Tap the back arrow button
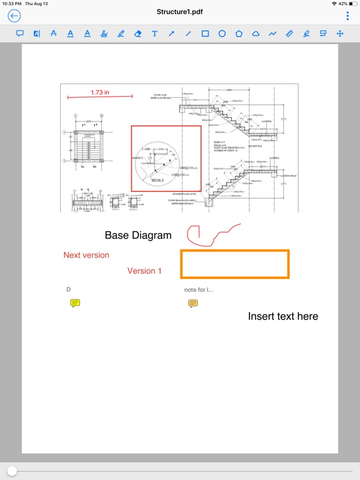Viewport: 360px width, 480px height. pos(13,16)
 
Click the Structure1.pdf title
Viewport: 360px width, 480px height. pos(180,12)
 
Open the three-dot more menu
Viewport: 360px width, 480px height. pos(348,16)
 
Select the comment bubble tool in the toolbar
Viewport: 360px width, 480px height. pos(20,33)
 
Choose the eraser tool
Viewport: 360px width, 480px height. pos(138,33)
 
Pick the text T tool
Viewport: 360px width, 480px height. pos(154,33)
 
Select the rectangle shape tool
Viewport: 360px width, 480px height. pos(205,33)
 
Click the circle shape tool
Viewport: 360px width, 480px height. pos(222,33)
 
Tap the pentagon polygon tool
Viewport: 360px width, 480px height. pos(239,33)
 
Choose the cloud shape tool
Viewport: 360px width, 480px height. pos(256,33)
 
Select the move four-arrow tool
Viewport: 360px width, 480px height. pos(340,33)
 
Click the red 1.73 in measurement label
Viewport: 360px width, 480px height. pos(99,92)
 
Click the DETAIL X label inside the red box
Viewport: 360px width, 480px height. pos(158,180)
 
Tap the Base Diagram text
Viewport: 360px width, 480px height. pos(138,236)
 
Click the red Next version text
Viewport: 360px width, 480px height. pos(86,255)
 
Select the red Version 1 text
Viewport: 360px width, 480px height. pos(144,271)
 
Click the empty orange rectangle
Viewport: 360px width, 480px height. pos(234,264)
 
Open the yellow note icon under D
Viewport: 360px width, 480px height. pos(75,303)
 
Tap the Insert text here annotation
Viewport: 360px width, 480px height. pos(282,316)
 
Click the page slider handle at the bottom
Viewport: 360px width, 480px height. pos(12,471)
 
